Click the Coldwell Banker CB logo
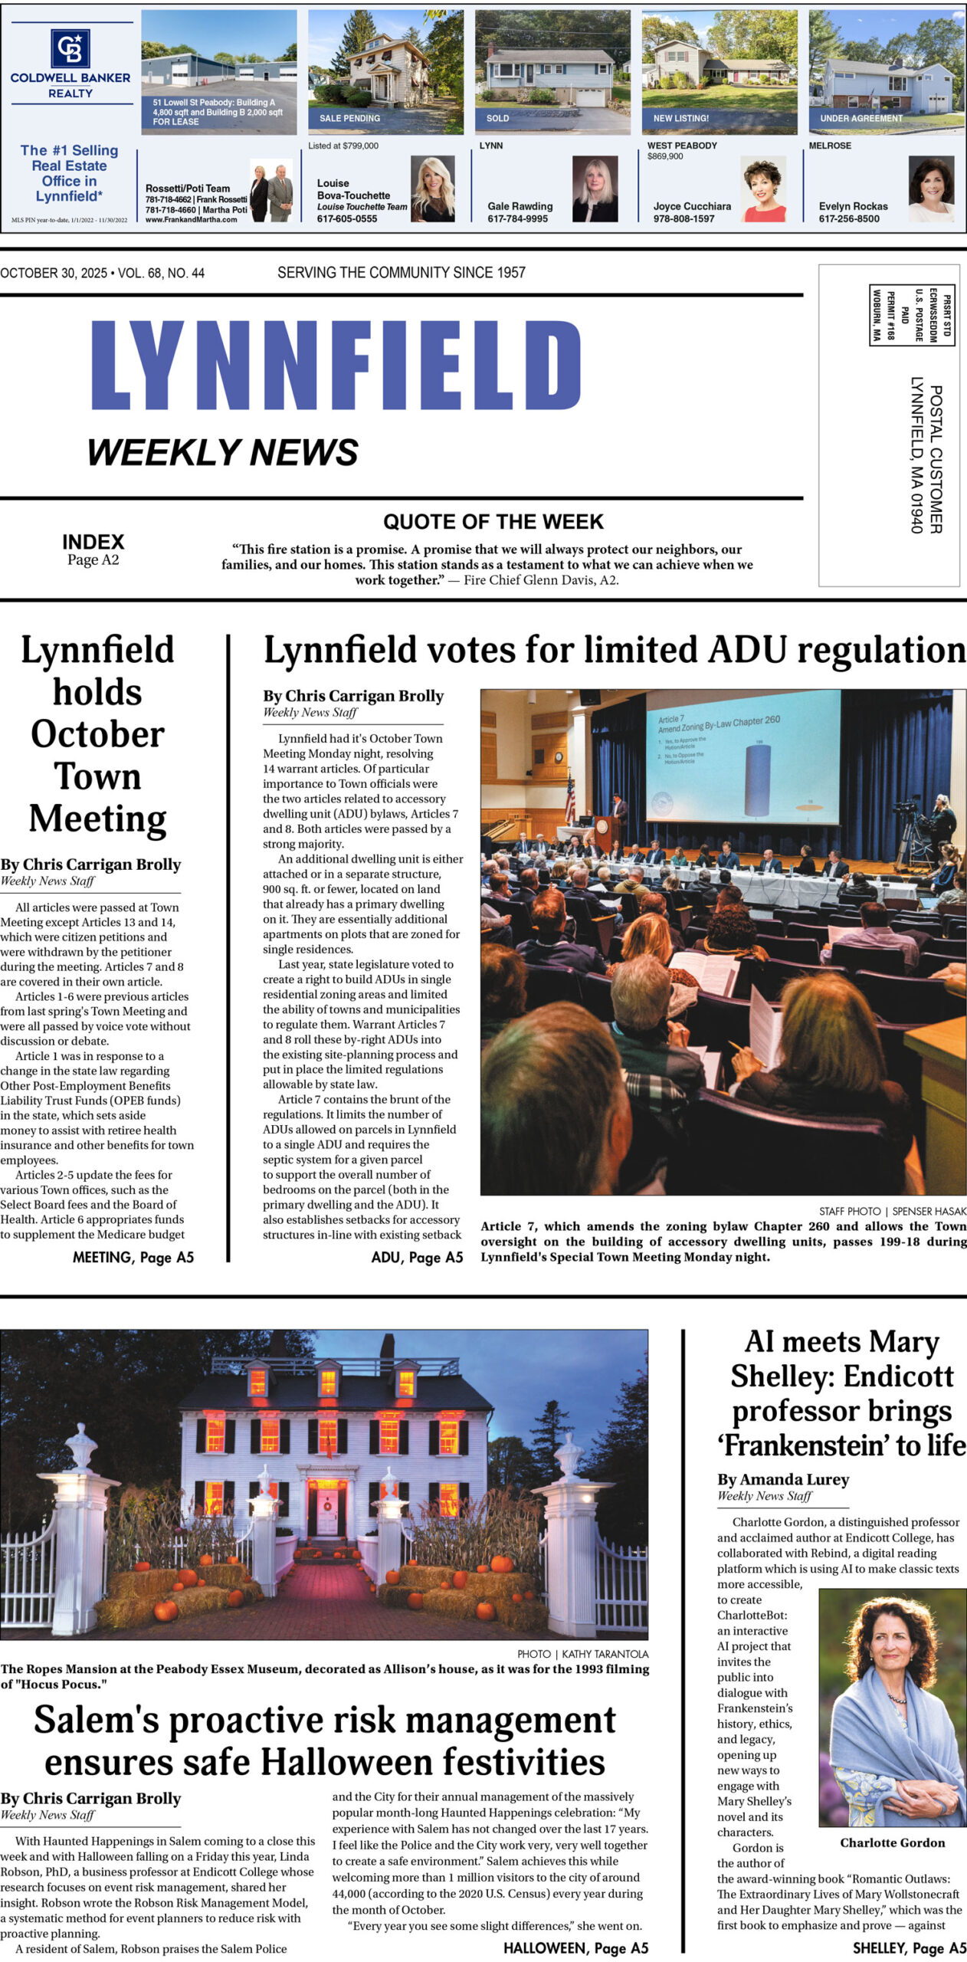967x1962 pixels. (70, 48)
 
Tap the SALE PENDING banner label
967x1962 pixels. (349, 118)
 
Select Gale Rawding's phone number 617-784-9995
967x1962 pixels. (517, 218)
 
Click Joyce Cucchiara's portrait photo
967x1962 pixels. (762, 189)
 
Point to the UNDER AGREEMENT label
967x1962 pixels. (860, 118)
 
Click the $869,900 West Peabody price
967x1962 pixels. (665, 156)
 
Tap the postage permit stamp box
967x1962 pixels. (911, 314)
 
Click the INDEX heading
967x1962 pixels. (93, 542)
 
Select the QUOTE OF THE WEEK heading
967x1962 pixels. (493, 522)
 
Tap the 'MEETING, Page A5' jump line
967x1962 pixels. (133, 1257)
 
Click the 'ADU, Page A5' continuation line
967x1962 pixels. (416, 1257)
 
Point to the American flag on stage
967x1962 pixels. (569, 797)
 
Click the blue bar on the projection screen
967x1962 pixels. (757, 781)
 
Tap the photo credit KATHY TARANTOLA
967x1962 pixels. (605, 1654)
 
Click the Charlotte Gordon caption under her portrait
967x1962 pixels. (892, 1842)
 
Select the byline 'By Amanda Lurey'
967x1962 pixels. (782, 1479)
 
